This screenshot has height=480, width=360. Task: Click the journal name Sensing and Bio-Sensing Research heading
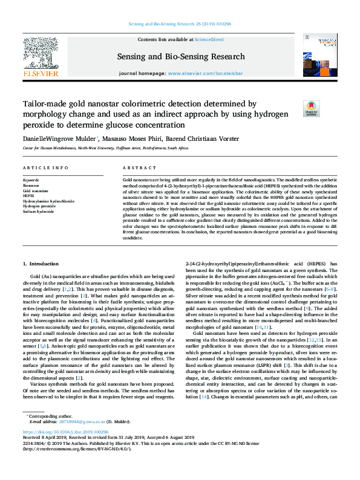click(x=180, y=56)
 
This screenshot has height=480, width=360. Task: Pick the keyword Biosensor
click(x=30, y=186)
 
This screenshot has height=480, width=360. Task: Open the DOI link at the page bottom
click(x=66, y=449)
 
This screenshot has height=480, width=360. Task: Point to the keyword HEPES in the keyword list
click(x=28, y=195)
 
